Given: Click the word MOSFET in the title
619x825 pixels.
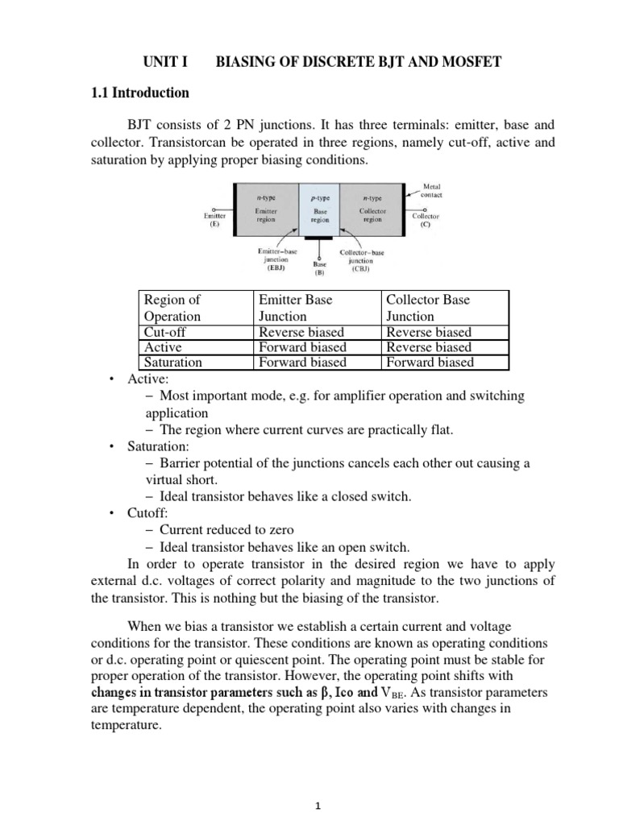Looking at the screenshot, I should [470, 62].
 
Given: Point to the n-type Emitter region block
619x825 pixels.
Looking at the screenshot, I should [265, 212].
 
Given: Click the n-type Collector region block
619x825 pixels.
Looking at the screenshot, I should [372, 212].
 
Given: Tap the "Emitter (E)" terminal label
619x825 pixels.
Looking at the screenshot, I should [214, 220].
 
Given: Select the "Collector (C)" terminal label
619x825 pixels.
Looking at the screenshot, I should [426, 220].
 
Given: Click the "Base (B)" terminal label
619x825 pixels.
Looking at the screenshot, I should [319, 268].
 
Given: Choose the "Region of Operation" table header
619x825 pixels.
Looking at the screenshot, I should [172, 308].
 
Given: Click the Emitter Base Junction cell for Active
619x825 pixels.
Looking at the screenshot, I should [302, 347].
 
